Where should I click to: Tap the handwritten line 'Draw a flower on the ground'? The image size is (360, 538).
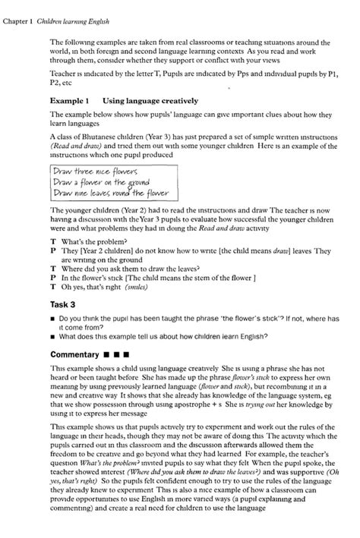[100, 181]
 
